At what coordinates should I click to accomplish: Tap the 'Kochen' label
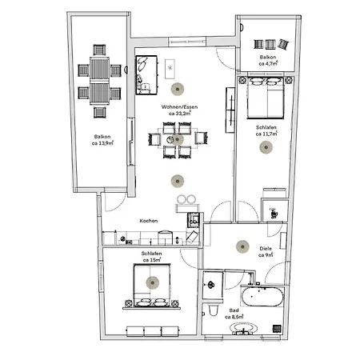148,221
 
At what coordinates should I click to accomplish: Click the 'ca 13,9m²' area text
101,144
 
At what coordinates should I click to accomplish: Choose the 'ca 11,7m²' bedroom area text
266,134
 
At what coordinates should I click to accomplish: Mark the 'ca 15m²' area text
151,260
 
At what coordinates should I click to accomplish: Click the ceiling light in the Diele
240,247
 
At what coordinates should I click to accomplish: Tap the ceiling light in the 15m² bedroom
151,281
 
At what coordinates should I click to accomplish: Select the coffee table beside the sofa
170,66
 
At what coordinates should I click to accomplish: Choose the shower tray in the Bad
213,281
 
